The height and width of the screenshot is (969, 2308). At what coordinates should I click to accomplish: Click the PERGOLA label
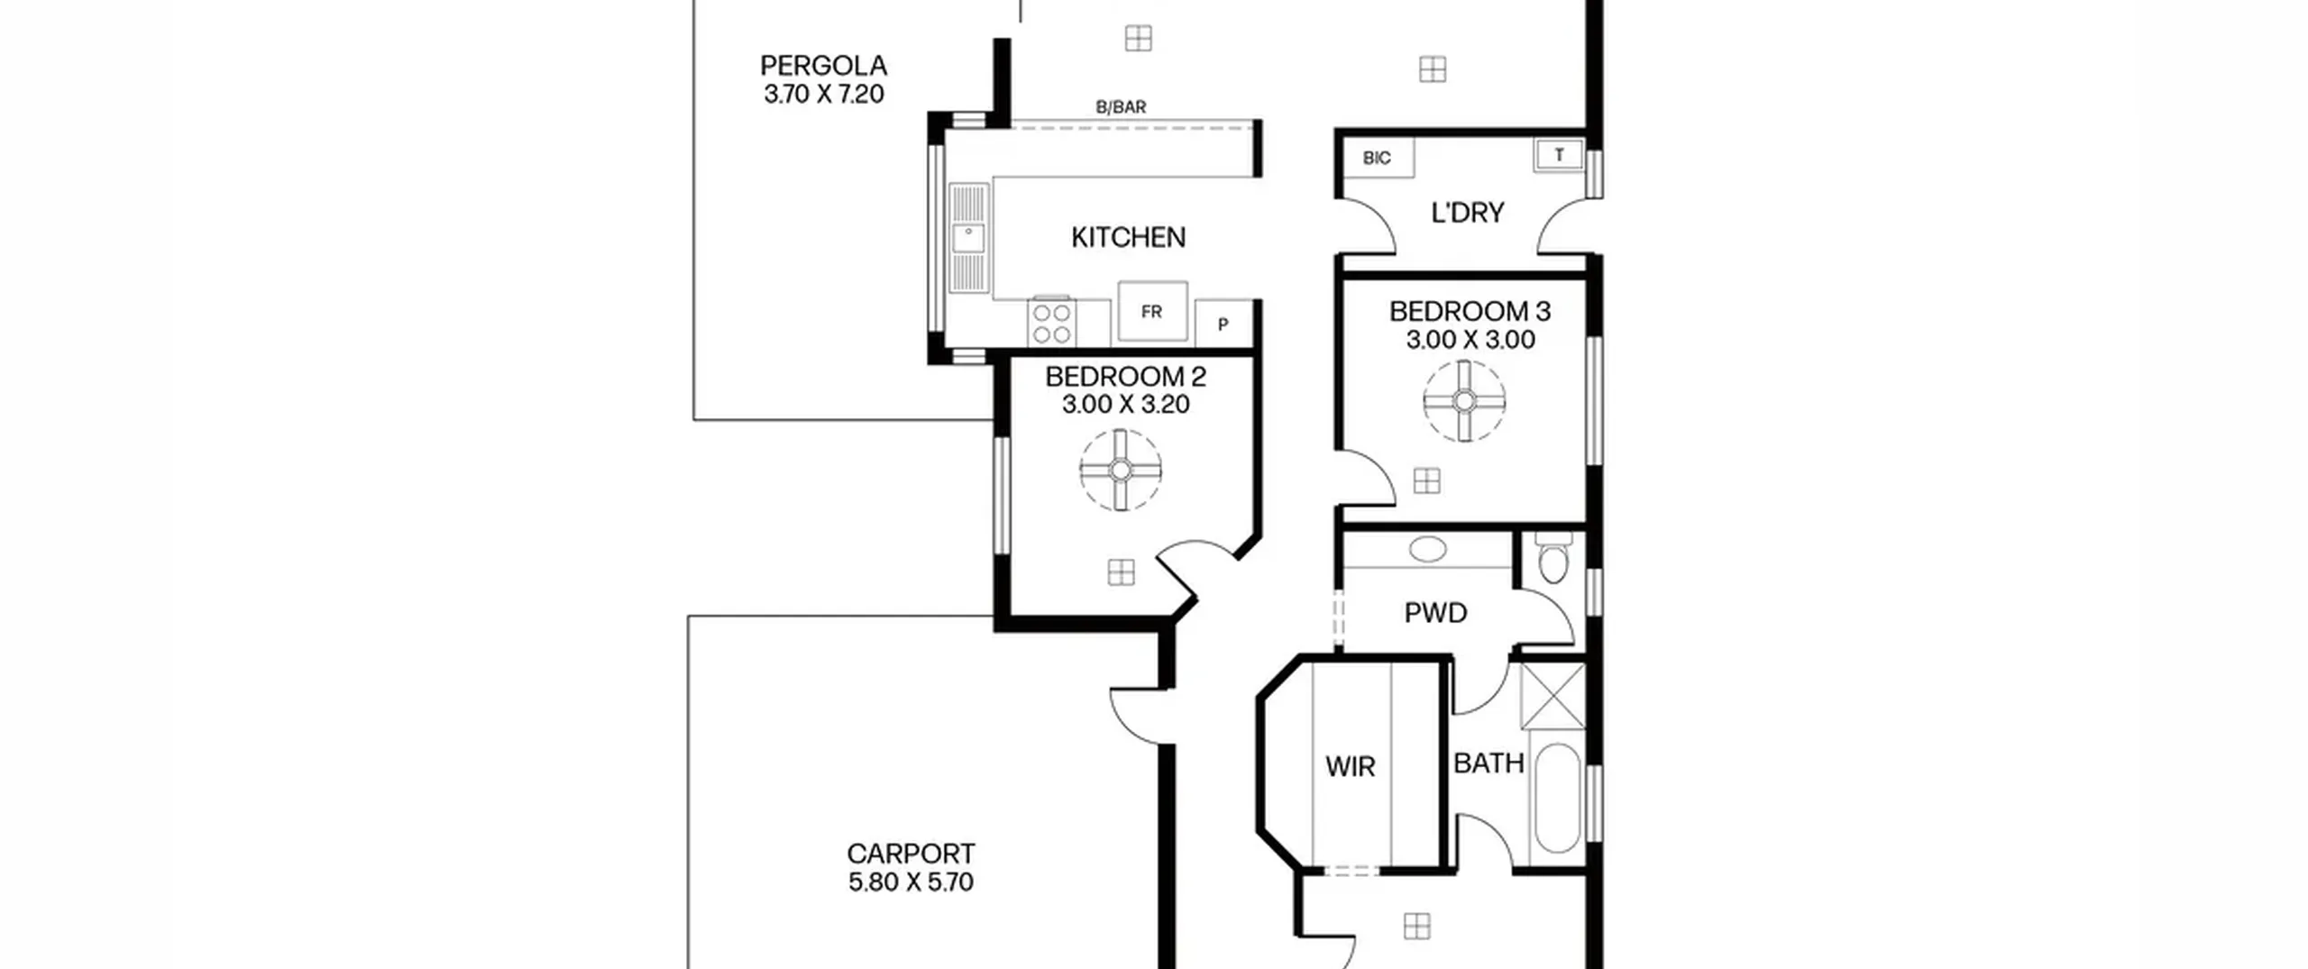pos(823,66)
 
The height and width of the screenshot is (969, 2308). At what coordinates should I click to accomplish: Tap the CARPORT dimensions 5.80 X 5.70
pos(911,882)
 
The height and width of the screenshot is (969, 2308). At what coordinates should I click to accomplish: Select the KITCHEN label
pos(1128,238)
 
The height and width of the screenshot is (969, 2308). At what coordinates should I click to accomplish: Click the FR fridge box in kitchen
pos(1152,311)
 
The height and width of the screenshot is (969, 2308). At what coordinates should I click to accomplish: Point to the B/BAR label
pos(1121,107)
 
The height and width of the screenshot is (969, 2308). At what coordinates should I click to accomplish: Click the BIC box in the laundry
pos(1377,158)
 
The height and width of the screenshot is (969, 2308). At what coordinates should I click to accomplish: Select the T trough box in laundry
pos(1559,155)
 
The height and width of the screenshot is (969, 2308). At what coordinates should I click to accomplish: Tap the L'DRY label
pos(1468,213)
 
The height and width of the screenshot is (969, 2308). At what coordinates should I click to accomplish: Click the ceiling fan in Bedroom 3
pos(1464,400)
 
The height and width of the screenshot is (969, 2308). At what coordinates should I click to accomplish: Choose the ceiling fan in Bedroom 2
pos(1121,470)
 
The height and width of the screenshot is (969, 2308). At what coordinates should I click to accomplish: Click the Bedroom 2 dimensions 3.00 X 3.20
pos(1125,405)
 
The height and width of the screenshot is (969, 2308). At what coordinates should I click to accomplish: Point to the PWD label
pos(1435,613)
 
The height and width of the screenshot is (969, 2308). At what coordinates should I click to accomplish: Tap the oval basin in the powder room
pos(1427,549)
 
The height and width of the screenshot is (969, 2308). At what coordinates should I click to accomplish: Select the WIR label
pos(1350,767)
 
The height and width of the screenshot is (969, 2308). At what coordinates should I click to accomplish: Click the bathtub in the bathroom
pos(1557,799)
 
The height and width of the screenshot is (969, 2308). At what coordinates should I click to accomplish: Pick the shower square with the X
pos(1552,696)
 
